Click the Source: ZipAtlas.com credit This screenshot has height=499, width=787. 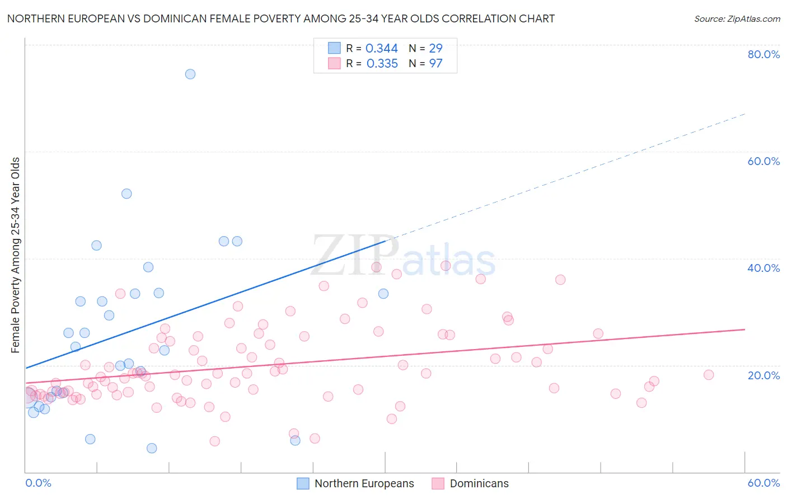[x=737, y=18]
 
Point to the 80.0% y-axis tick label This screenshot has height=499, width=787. [x=763, y=54]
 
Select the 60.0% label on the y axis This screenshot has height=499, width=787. [x=763, y=161]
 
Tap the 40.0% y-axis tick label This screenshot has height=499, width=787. [x=763, y=268]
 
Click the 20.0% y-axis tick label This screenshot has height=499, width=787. [x=763, y=375]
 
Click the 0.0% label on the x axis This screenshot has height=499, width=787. [x=38, y=483]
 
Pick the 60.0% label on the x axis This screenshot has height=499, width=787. [x=763, y=483]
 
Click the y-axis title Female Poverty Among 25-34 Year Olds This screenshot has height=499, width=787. [x=16, y=255]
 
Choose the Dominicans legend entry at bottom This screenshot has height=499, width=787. [x=479, y=483]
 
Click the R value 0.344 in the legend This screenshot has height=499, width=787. [x=381, y=49]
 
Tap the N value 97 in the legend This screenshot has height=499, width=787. [x=435, y=64]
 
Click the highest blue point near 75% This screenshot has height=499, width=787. [x=190, y=74]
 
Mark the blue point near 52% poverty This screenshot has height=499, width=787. [x=127, y=194]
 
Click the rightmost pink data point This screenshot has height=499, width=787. [x=709, y=375]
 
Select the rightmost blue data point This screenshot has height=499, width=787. [x=383, y=294]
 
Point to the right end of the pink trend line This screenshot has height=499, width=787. [x=744, y=329]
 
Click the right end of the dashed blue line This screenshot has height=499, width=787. [x=744, y=114]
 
